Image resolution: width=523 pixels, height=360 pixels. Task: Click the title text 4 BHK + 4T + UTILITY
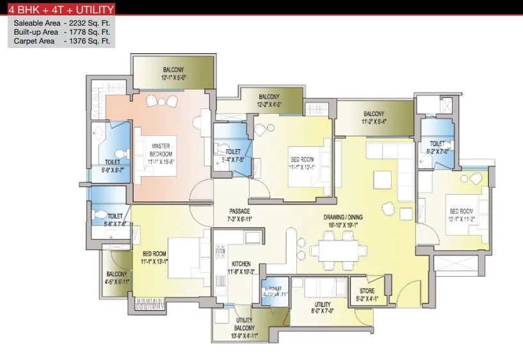61,10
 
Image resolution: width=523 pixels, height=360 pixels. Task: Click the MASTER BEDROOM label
161,150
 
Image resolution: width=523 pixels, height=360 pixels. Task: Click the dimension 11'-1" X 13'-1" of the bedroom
154,261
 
